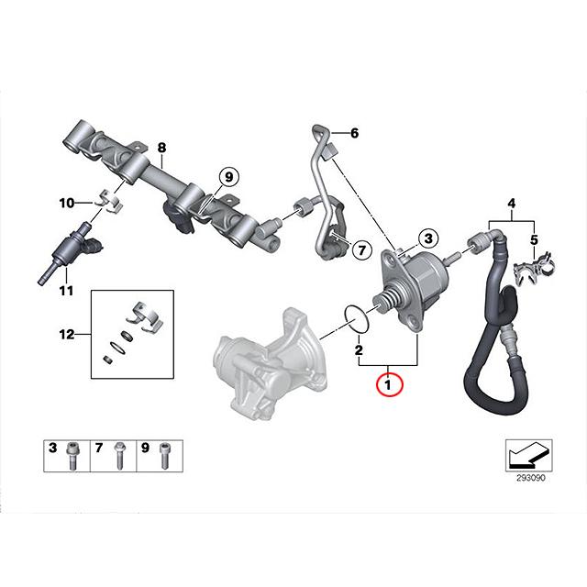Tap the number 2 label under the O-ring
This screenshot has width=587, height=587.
(359, 350)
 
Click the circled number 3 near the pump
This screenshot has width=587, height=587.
(426, 238)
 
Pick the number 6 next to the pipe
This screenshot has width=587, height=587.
(355, 132)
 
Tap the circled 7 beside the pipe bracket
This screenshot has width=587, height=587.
(360, 249)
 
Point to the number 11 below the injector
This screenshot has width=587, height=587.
(65, 292)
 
